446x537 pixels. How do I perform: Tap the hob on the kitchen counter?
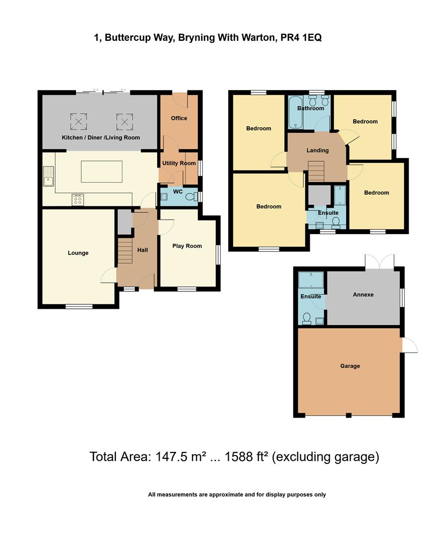(x=78, y=199)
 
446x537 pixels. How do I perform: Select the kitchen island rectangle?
(x=101, y=172)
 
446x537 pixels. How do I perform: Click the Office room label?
(x=179, y=118)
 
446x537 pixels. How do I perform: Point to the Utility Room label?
(x=178, y=164)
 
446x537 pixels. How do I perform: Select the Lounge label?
(x=78, y=253)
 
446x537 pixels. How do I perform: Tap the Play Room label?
(x=187, y=246)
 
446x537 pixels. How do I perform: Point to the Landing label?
(x=317, y=151)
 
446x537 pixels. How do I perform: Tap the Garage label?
(x=350, y=366)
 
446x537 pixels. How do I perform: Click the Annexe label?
(x=363, y=295)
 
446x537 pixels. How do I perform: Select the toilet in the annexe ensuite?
(x=307, y=318)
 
